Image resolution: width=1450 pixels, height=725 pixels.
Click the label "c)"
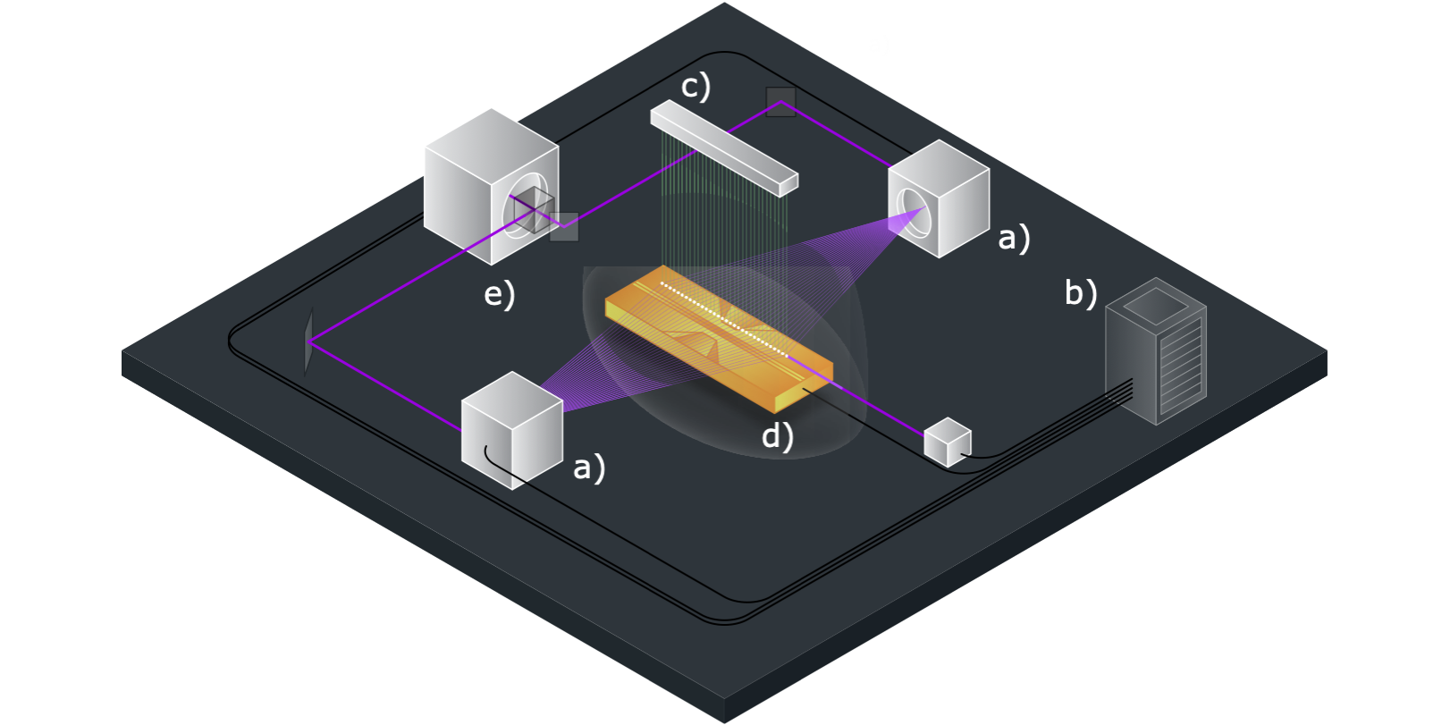[695, 87]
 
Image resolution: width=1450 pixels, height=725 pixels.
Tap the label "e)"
[499, 294]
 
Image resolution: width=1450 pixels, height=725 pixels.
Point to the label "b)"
[1081, 292]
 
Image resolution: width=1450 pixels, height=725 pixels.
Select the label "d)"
[777, 435]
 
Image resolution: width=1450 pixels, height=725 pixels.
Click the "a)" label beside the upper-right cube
[1014, 238]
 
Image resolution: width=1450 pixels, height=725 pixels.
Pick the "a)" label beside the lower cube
[588, 467]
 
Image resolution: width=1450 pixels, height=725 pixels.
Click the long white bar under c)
[724, 148]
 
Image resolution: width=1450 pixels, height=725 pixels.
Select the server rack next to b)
[1156, 353]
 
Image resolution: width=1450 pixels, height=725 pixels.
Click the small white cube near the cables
[947, 443]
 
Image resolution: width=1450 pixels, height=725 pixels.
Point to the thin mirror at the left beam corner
[308, 341]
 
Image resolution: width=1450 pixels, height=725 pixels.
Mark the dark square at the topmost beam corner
[780, 102]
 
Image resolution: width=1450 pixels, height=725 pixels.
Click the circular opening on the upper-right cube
[913, 215]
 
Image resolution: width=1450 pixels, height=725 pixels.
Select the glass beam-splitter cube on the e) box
[533, 211]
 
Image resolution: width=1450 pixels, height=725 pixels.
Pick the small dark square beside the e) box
[564, 226]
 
